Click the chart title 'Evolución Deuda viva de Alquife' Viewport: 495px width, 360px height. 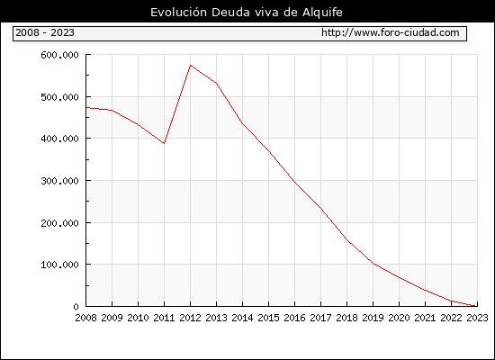click(247, 12)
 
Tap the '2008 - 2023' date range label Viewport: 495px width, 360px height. click(45, 32)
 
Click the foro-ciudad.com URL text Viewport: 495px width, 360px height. click(391, 32)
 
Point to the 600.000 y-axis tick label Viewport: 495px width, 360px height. click(59, 55)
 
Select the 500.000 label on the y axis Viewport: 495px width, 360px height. click(59, 97)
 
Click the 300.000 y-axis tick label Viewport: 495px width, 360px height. click(59, 181)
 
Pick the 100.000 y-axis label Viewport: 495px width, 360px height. click(59, 265)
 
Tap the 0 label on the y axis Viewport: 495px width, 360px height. click(76, 307)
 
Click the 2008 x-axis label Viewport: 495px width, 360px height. click(85, 318)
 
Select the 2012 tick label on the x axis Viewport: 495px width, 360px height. click(191, 318)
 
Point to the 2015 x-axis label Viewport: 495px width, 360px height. click(269, 318)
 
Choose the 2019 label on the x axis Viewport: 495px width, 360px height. click(373, 318)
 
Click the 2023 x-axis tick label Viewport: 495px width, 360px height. click(477, 318)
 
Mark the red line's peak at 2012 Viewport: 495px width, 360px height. click(191, 66)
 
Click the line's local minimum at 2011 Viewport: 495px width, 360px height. click(164, 143)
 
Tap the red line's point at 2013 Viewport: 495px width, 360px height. click(217, 84)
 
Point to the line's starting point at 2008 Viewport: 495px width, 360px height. click(86, 108)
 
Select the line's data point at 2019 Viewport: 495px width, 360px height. click(373, 264)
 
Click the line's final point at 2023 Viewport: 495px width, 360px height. click(477, 306)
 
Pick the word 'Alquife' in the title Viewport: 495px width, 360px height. click(322, 13)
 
